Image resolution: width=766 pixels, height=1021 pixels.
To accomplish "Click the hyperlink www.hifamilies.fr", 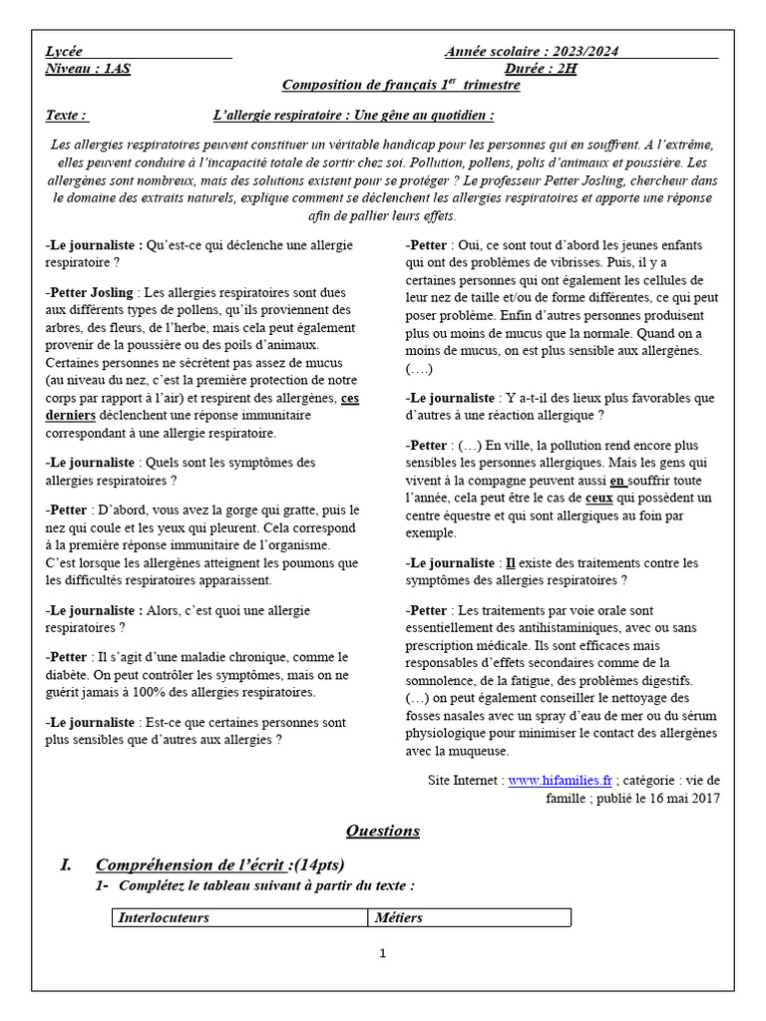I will click(x=560, y=781).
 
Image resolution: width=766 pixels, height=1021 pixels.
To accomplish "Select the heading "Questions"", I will click(x=383, y=831).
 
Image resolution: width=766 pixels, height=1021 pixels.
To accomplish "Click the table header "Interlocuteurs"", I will click(x=164, y=917).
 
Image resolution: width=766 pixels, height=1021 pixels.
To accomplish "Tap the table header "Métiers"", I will click(x=397, y=917).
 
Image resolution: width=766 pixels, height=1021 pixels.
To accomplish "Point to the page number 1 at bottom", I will click(x=382, y=953).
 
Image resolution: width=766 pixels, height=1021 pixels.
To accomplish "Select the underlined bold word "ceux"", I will click(x=598, y=497).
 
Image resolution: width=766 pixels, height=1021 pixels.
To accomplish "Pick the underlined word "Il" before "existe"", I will click(x=512, y=562).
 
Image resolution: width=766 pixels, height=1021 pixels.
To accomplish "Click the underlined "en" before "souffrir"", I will click(x=618, y=480).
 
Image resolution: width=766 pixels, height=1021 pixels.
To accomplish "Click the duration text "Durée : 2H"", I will click(x=539, y=68).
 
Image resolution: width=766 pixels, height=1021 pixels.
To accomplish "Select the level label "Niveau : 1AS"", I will click(x=88, y=68).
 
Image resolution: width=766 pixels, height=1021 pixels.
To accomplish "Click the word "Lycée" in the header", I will click(x=65, y=51).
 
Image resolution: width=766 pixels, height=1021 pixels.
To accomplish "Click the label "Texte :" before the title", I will click(x=66, y=115).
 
